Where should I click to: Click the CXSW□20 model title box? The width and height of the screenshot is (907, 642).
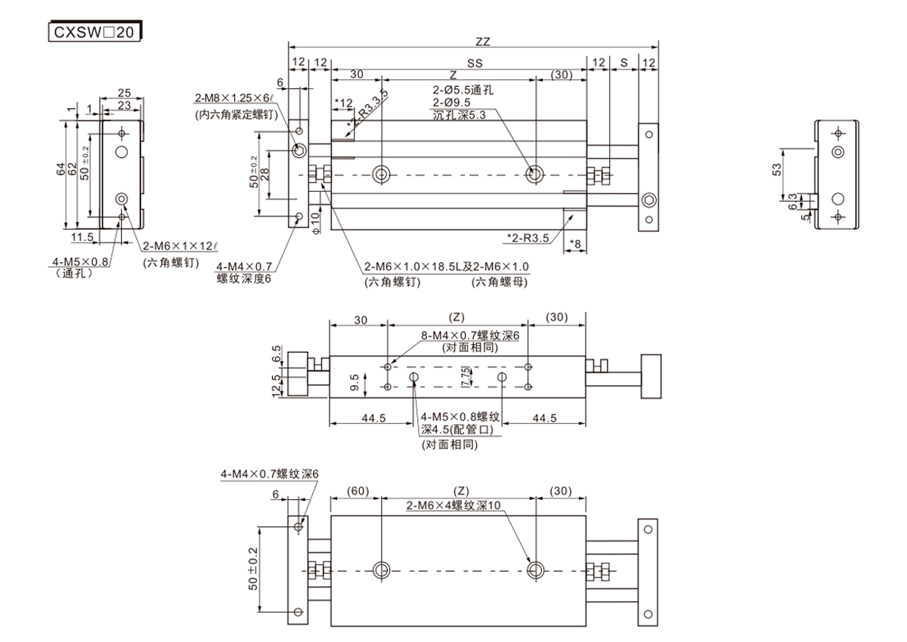pos(94,32)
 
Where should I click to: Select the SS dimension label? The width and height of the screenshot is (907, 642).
pos(475,63)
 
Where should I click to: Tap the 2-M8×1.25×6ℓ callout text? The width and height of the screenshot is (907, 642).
pos(234,98)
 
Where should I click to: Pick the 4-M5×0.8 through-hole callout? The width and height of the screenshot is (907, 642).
pos(80,262)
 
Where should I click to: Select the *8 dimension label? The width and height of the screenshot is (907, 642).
pos(575,244)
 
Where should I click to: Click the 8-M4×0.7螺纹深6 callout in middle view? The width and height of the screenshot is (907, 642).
pos(470,335)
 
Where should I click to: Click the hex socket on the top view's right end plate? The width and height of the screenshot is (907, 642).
pos(648,200)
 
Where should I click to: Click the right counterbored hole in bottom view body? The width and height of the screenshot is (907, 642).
pos(535,569)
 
